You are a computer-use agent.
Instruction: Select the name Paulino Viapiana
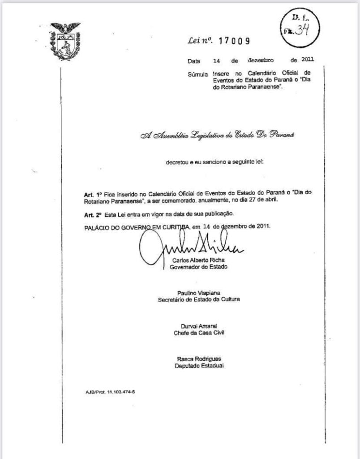(x=198, y=293)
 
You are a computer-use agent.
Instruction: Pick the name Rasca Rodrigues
(x=198, y=359)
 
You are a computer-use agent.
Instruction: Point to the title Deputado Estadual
(x=198, y=365)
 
